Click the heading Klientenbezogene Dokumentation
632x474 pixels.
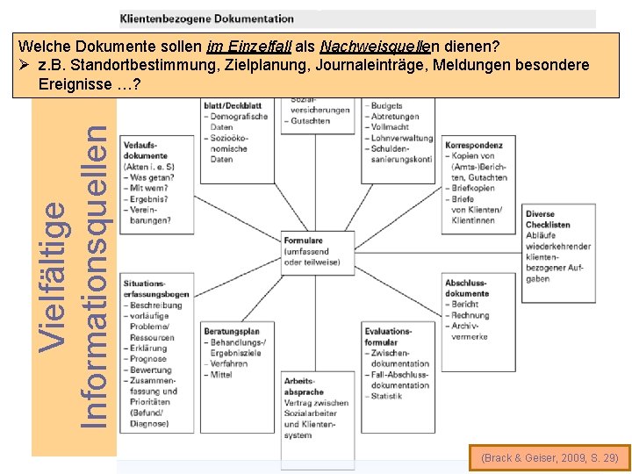pos(207,18)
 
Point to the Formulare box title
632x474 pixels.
pos(303,240)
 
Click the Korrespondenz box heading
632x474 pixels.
pos(474,145)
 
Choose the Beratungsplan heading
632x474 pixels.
pos(232,331)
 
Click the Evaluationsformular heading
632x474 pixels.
pos(387,336)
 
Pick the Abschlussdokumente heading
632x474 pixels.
pos(466,288)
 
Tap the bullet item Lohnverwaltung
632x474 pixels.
pos(402,138)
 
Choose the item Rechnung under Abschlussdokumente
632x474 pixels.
pos(470,315)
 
